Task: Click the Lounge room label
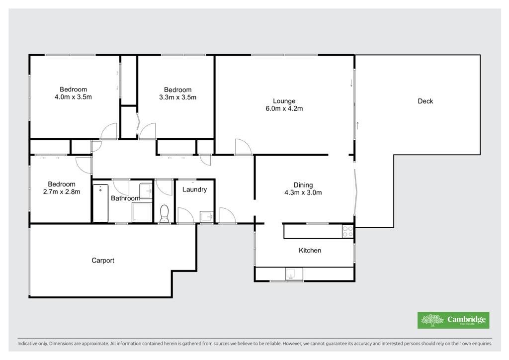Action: [284, 101]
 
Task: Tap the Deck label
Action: [425, 101]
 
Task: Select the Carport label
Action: [103, 261]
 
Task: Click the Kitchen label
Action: [310, 250]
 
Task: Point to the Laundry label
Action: [194, 189]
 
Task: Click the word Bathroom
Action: [126, 198]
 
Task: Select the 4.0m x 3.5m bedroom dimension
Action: [74, 97]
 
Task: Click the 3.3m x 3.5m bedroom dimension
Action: [177, 97]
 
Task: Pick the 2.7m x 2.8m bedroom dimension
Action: [62, 191]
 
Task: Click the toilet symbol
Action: [164, 213]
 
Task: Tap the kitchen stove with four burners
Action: [347, 232]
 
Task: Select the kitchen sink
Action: [294, 273]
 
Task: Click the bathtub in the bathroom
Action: [100, 203]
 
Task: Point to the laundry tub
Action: [206, 216]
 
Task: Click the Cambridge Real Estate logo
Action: [453, 320]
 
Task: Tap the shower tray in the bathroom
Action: [142, 212]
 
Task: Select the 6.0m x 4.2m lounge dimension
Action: [284, 108]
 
